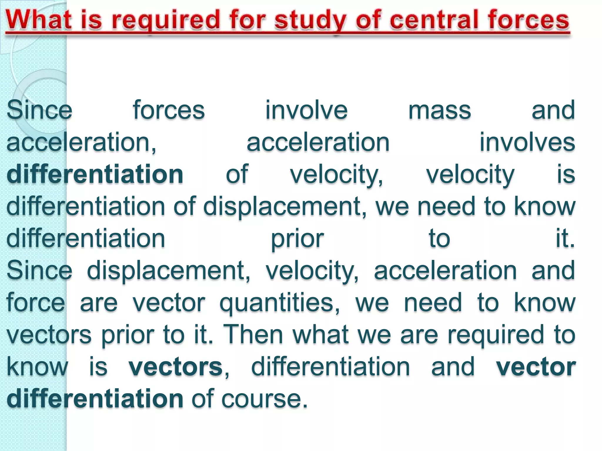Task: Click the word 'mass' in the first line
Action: (x=439, y=110)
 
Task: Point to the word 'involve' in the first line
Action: (x=306, y=110)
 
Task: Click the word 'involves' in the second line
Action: (x=527, y=142)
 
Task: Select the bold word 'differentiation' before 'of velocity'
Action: (x=95, y=174)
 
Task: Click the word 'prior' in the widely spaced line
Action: (x=297, y=238)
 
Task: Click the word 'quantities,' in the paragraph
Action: (x=280, y=302)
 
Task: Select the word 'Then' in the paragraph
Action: (x=253, y=334)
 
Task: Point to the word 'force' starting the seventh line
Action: (x=36, y=302)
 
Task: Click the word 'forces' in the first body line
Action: (x=168, y=110)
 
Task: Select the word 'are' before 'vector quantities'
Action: (x=98, y=302)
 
